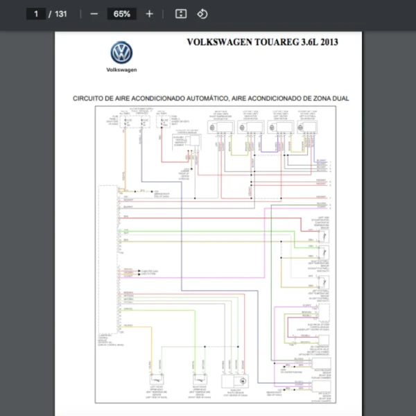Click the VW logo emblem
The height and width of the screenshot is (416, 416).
coord(121,53)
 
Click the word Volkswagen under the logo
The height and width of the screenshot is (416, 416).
coord(121,70)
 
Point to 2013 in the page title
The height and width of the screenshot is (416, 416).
coord(327,42)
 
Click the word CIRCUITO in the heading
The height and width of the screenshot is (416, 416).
coord(88,98)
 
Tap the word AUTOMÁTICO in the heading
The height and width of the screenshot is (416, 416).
coord(209,98)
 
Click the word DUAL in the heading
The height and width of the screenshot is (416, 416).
coord(340,98)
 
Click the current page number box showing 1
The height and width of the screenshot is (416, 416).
coord(35,14)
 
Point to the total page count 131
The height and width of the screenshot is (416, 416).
coord(61,14)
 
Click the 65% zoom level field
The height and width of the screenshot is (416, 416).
coord(122,14)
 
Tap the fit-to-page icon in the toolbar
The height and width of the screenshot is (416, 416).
coord(180,14)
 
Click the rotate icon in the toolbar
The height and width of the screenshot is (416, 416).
coord(202,14)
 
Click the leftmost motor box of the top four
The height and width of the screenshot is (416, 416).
coord(220,127)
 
